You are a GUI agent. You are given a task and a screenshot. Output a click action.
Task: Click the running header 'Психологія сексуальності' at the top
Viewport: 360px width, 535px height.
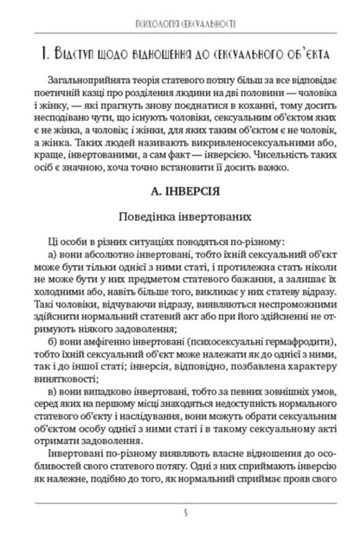pyautogui.click(x=180, y=17)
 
